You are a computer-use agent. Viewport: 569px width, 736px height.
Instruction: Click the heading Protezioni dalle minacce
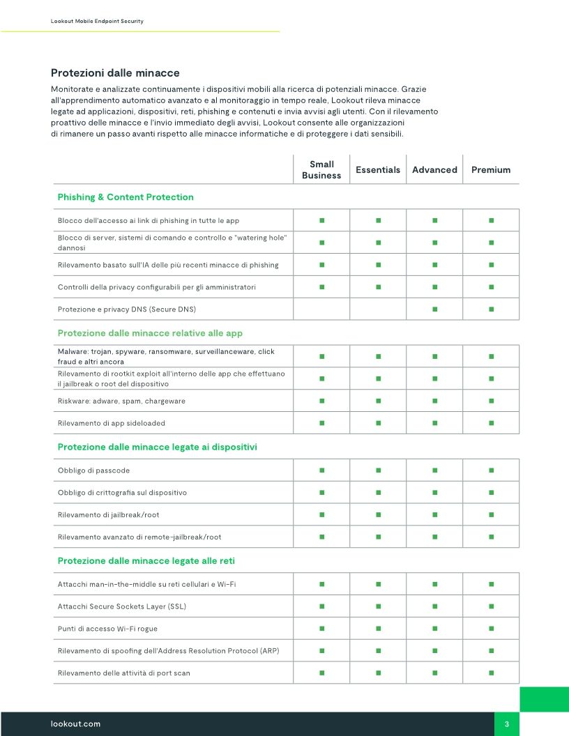(x=115, y=73)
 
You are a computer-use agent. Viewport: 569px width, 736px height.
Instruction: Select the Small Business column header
(x=321, y=170)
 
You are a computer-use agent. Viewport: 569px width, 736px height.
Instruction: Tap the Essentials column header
(x=378, y=170)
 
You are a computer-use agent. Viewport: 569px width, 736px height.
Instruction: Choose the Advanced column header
(x=434, y=170)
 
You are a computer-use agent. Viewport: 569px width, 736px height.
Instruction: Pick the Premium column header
(x=491, y=170)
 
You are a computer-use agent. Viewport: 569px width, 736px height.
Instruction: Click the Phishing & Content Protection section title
(x=126, y=197)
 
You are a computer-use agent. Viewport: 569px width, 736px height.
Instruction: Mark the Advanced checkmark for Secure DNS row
(x=434, y=309)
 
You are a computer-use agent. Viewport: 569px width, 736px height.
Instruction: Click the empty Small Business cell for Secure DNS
(x=321, y=309)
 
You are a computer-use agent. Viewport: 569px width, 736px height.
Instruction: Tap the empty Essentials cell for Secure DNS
(x=378, y=309)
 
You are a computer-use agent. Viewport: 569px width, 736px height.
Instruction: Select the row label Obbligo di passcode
(x=93, y=470)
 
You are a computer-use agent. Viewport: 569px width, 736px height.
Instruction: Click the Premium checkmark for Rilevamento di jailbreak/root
(x=491, y=515)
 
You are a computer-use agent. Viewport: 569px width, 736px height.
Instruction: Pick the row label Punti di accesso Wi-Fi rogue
(x=107, y=629)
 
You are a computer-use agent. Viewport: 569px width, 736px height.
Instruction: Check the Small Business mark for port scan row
(x=321, y=673)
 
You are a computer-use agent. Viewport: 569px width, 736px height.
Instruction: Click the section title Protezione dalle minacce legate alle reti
(x=151, y=561)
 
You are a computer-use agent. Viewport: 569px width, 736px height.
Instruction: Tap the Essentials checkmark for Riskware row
(x=378, y=401)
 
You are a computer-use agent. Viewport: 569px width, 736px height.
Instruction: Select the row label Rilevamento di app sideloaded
(x=111, y=423)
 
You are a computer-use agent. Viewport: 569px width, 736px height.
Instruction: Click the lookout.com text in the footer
(x=75, y=724)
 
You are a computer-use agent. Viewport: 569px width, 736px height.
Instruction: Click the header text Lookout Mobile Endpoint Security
(x=97, y=22)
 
